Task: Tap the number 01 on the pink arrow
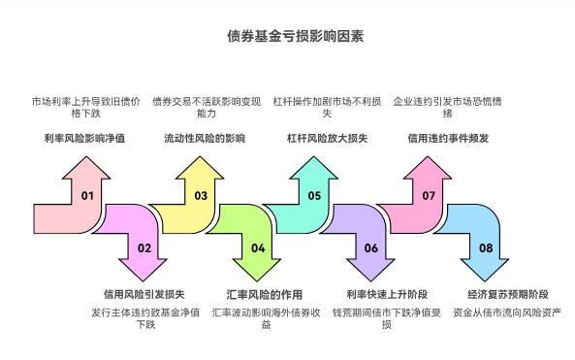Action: pos(87,196)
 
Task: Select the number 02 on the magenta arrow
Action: pos(144,247)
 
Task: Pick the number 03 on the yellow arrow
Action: pos(201,196)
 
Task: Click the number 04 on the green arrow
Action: pos(258,247)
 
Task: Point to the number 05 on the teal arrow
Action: pos(314,196)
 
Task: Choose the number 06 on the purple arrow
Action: pos(371,247)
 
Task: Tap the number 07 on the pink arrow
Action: pos(429,196)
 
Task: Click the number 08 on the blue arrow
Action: pos(485,247)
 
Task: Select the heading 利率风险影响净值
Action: pos(84,139)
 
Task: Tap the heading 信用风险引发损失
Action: pos(144,293)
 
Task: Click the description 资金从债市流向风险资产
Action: pos(507,312)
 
